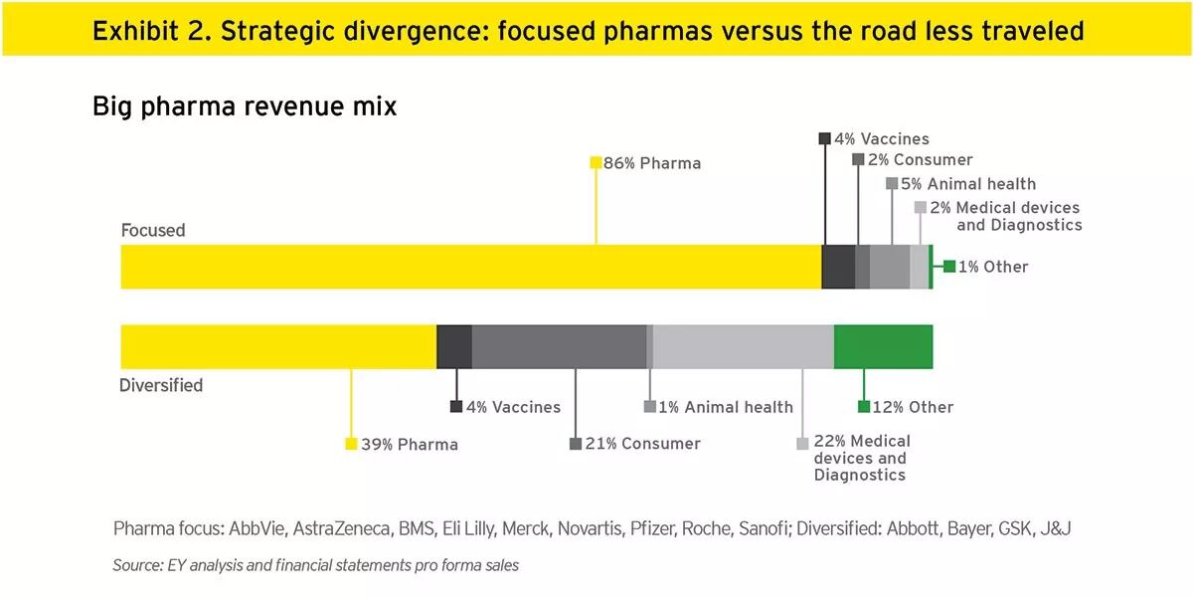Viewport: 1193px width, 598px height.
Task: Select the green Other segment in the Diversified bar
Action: pyautogui.click(x=883, y=346)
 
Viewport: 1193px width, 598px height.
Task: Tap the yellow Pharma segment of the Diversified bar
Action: pyautogui.click(x=278, y=346)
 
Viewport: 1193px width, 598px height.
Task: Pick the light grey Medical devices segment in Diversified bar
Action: pyautogui.click(x=743, y=346)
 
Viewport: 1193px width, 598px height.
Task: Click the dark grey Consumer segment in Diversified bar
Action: pyautogui.click(x=559, y=346)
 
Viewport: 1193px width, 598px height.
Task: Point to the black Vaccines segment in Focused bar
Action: pyautogui.click(x=838, y=267)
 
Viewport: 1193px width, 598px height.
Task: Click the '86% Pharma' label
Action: pyautogui.click(x=651, y=163)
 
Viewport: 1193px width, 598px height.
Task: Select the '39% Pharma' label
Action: pyautogui.click(x=409, y=445)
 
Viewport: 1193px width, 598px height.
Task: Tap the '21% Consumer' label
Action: pyautogui.click(x=641, y=444)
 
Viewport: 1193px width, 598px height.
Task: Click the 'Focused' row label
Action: pyautogui.click(x=153, y=230)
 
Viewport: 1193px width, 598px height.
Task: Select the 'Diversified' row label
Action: pyautogui.click(x=161, y=385)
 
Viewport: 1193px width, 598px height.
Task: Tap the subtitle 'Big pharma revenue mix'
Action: pyautogui.click(x=244, y=106)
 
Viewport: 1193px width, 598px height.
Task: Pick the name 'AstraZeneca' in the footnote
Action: pyautogui.click(x=343, y=528)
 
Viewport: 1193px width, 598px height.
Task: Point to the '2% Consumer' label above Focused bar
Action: pyautogui.click(x=919, y=160)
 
